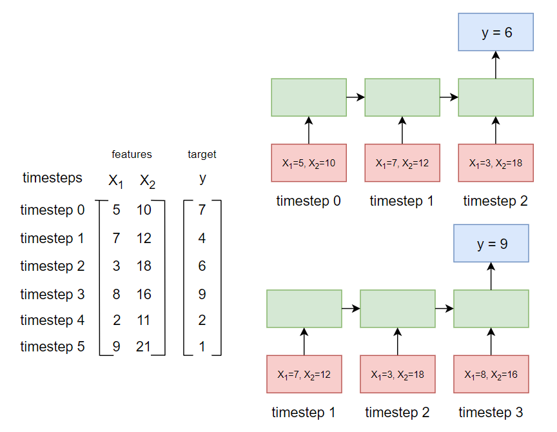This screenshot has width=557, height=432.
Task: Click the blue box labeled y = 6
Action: (x=496, y=32)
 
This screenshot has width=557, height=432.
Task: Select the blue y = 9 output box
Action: (x=491, y=243)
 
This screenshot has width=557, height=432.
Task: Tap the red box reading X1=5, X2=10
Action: (x=308, y=162)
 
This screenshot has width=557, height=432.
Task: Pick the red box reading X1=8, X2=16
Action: (x=491, y=373)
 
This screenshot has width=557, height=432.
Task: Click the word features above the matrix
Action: (x=132, y=154)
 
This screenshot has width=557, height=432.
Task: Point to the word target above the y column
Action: (x=202, y=154)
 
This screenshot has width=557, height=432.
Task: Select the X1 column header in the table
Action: (x=115, y=181)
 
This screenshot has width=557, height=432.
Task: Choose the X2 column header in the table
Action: (x=148, y=181)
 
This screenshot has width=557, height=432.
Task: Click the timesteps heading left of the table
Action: (x=52, y=177)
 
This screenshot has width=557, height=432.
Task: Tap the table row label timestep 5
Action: (x=52, y=347)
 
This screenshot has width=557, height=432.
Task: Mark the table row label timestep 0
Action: (x=52, y=210)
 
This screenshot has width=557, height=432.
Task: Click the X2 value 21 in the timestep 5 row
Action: (x=143, y=347)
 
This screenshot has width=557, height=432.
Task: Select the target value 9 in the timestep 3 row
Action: (x=202, y=294)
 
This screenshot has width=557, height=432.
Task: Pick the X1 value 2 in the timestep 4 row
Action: (x=116, y=320)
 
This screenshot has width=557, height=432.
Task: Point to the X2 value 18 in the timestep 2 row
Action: (x=143, y=266)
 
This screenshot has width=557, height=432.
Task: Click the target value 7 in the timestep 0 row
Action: (x=202, y=210)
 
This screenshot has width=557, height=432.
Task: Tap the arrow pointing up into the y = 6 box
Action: (x=496, y=65)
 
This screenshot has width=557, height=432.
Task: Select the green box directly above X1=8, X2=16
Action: (x=491, y=308)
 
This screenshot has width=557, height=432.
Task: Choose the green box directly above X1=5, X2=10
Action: (x=308, y=97)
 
